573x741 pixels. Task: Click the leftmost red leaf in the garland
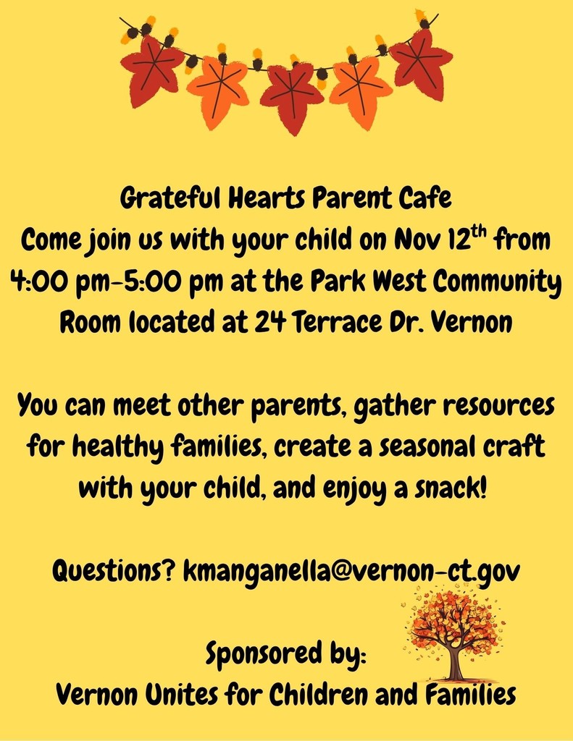point(151,70)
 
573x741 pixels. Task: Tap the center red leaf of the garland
point(291,97)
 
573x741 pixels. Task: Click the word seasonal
point(427,446)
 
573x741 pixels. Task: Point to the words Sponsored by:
point(286,654)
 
